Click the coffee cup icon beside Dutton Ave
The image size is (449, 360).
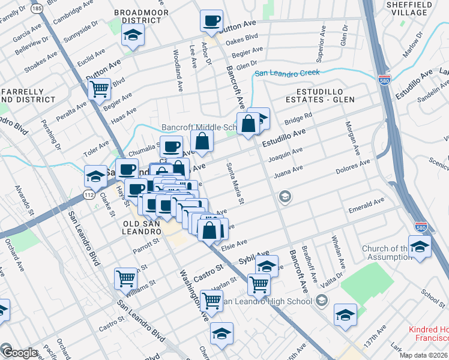pos(211,21)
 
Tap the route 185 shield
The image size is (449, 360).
pos(38,9)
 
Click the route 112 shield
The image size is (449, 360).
pos(89,195)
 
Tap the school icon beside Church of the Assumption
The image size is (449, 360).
pos(420,247)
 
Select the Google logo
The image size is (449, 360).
pos(19,353)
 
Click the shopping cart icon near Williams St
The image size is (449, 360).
pos(125,278)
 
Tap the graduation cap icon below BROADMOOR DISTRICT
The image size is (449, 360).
pos(133,36)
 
